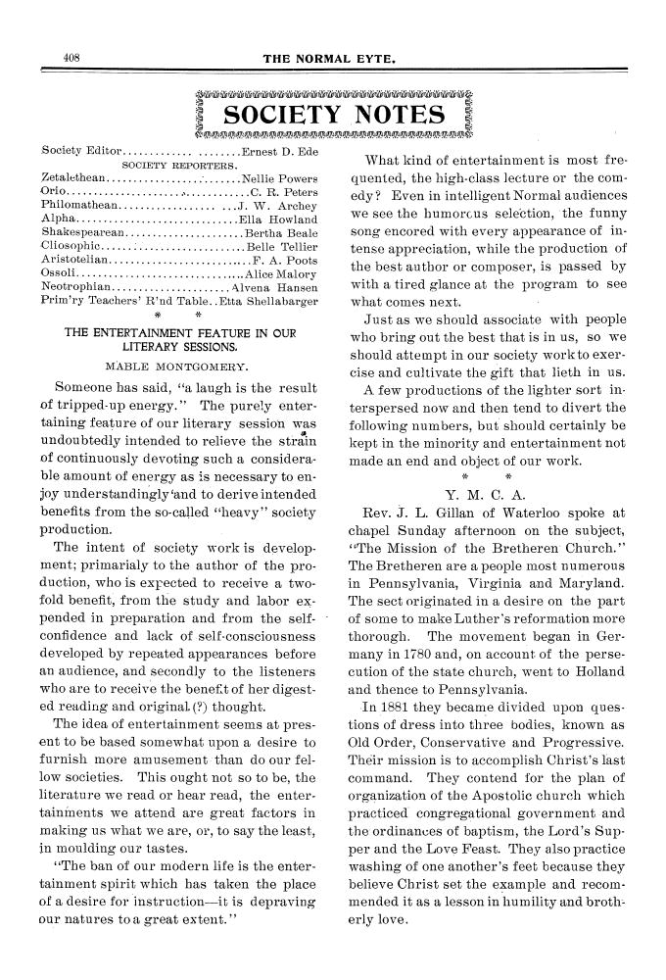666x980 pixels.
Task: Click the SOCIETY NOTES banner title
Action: tap(334, 115)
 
